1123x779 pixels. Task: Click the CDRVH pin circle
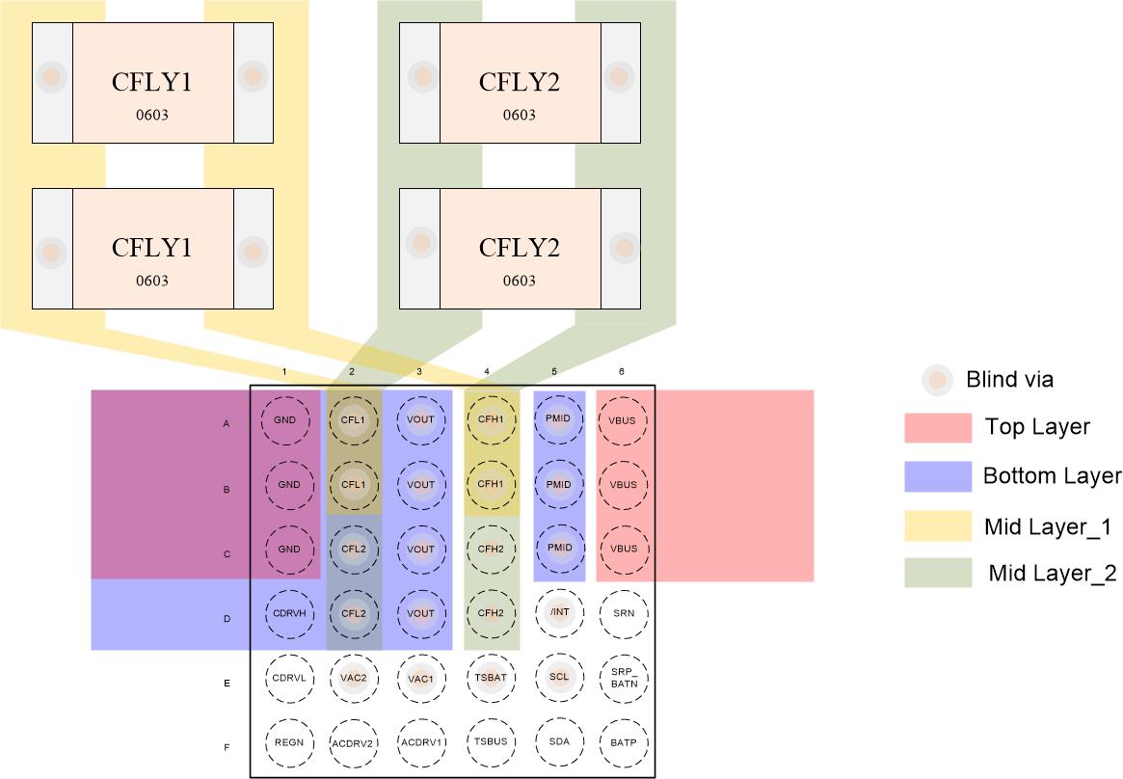[288, 613]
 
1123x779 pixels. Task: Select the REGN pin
[288, 742]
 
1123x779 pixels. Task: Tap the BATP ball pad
[623, 742]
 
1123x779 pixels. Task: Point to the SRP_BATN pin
[623, 678]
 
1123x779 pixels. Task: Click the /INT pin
[559, 613]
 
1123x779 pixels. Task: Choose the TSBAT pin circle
[491, 678]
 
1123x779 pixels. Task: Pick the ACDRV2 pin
[353, 742]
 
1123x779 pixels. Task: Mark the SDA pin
[559, 742]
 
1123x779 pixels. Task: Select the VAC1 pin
[421, 678]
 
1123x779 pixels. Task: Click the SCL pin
[559, 678]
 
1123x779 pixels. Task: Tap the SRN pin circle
[623, 613]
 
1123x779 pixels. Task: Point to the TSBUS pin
[491, 742]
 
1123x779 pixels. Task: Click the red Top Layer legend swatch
[937, 428]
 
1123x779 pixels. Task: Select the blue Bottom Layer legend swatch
[937, 476]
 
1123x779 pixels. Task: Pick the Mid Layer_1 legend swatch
[937, 525]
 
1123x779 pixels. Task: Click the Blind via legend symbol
[937, 381]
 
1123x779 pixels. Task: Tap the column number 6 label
[622, 371]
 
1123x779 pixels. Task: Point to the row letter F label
[227, 748]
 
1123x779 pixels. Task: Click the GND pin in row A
[285, 420]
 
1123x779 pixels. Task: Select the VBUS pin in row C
[623, 549]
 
